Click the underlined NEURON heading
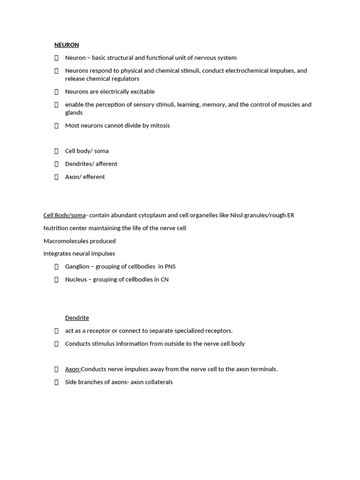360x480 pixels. pos(67,45)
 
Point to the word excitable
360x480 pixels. pos(142,92)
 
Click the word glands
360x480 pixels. pos(74,113)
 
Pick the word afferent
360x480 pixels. pos(106,164)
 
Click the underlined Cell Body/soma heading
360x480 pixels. pos(64,216)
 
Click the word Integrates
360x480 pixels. pos(57,254)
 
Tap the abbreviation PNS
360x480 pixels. pos(170,267)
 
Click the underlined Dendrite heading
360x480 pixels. pos(77,318)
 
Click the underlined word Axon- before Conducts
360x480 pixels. pos(73,369)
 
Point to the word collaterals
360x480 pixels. pos(159,382)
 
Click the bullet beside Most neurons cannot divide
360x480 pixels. pos(56,126)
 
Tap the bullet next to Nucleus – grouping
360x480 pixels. pos(56,280)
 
